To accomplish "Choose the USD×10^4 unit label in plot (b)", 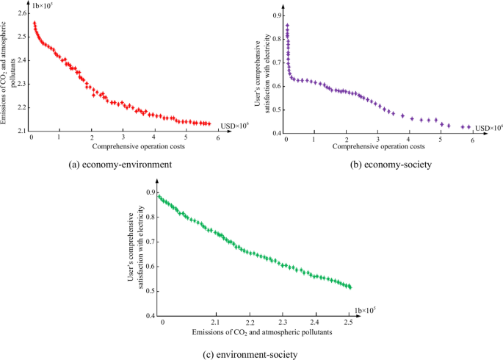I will [488, 129].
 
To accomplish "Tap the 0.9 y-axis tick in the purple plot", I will [275, 15].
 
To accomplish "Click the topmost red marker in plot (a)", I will [34, 23].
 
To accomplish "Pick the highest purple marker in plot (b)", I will [287, 26].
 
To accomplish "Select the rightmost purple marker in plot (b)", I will [468, 126].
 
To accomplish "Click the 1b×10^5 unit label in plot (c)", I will [366, 309].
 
